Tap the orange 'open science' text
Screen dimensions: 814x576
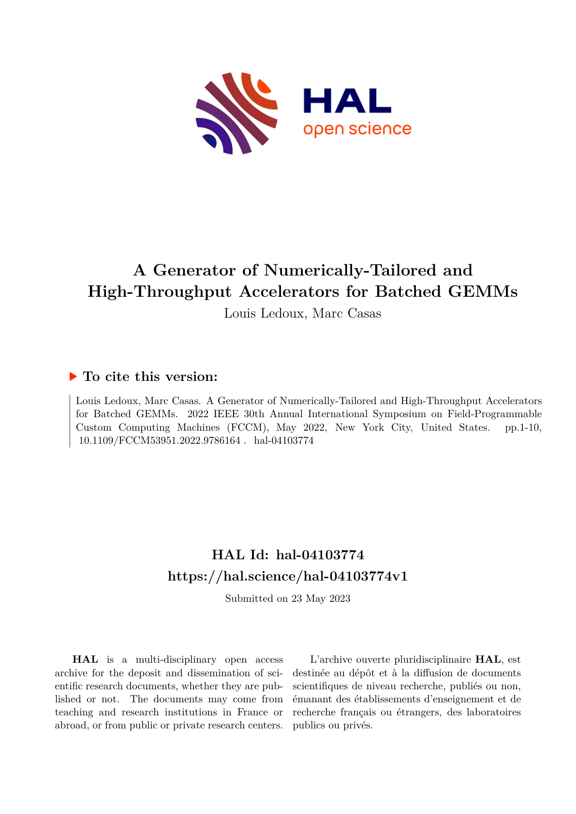click(x=357, y=129)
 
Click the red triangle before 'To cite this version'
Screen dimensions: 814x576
click(x=74, y=376)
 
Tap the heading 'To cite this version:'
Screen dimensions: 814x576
click(x=147, y=377)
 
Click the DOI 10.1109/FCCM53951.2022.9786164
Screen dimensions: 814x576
click(x=159, y=441)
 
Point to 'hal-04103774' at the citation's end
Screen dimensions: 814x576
click(x=283, y=441)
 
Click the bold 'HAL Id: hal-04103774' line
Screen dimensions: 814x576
click(x=288, y=554)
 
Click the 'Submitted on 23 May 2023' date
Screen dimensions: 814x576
click(x=288, y=598)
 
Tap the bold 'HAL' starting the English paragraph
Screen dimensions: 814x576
click(x=85, y=659)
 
